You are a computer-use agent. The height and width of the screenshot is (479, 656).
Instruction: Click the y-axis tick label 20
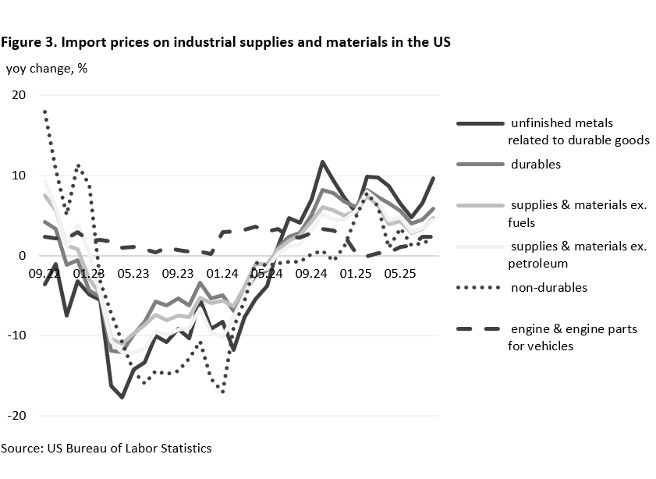[17, 95]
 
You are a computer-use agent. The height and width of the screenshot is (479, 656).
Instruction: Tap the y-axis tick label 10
[17, 176]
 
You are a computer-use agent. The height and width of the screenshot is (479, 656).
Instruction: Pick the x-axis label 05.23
[133, 274]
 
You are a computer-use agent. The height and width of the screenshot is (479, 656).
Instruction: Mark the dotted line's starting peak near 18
[45, 112]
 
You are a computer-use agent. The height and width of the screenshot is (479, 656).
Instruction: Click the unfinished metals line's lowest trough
[122, 397]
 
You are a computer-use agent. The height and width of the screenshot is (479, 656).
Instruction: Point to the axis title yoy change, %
[46, 68]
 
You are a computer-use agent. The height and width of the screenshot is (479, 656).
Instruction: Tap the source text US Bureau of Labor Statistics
[131, 448]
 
